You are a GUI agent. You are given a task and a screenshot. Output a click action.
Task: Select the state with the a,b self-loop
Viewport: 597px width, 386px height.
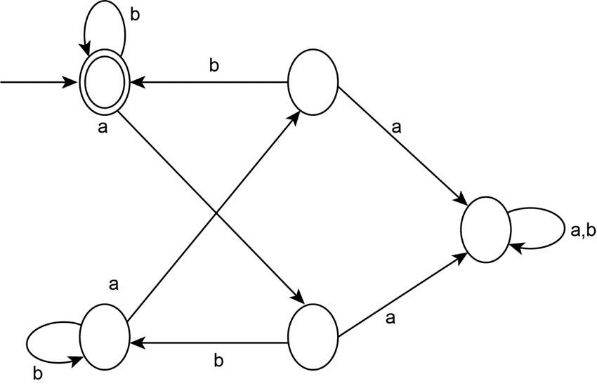point(485,230)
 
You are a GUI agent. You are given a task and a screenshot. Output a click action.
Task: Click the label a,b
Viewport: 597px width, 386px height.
point(580,230)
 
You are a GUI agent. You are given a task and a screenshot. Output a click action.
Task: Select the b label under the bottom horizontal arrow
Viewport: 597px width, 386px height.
point(218,361)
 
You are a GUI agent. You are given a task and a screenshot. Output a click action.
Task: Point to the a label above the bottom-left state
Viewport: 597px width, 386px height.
point(114,285)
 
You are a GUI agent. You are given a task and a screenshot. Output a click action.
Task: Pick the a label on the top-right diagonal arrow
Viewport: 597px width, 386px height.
point(397,128)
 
